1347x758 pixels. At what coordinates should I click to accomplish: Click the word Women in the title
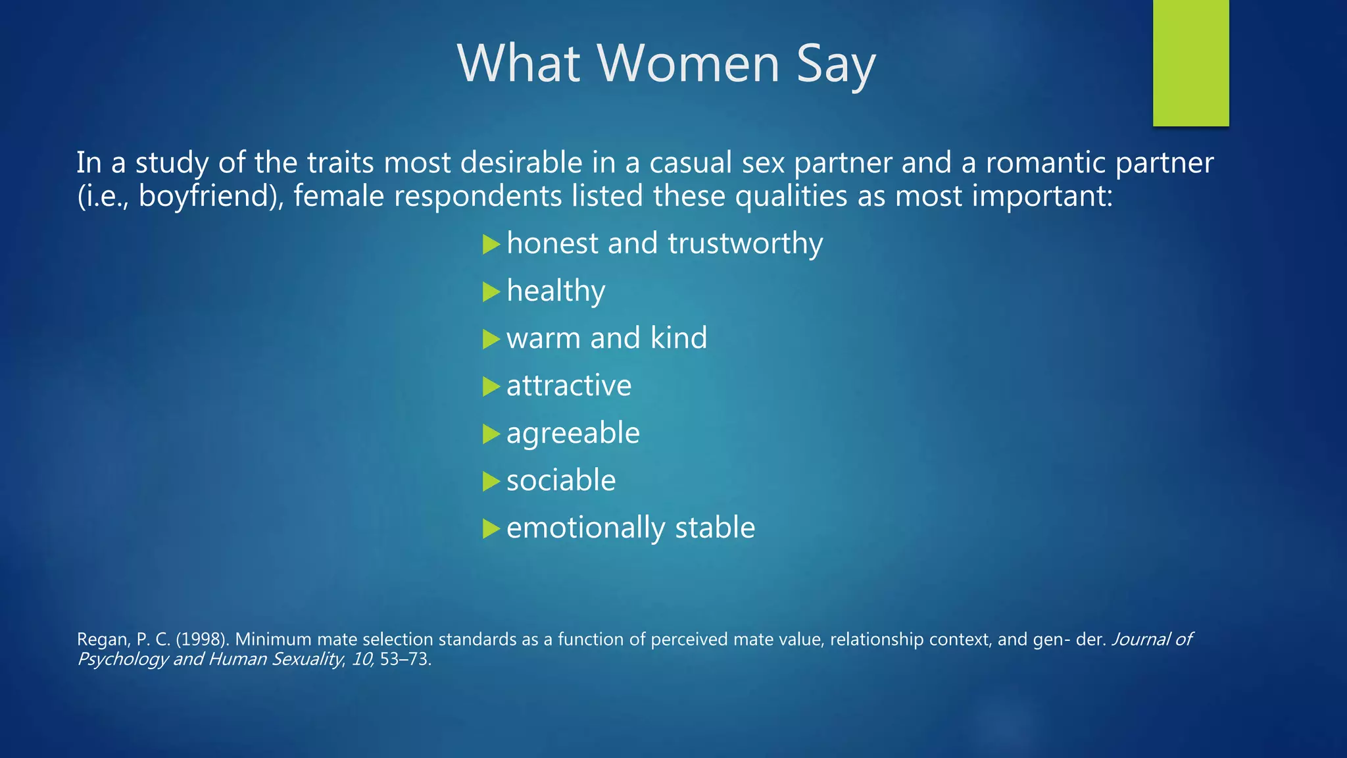click(689, 64)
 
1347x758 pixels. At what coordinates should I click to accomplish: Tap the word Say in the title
click(836, 64)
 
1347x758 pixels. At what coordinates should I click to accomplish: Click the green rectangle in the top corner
click(1190, 63)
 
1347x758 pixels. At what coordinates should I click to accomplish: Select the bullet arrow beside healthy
click(491, 291)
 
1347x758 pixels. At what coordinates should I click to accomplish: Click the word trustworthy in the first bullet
click(745, 243)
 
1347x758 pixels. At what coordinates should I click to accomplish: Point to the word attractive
click(569, 386)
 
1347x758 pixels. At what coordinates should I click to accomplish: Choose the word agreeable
click(573, 434)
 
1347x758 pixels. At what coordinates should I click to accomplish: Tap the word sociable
click(561, 480)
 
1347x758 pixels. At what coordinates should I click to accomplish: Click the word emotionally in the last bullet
click(585, 528)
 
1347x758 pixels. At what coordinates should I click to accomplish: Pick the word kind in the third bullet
click(679, 338)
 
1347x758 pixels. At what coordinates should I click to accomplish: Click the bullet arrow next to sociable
click(491, 482)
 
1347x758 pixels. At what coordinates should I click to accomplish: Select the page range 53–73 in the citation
click(404, 659)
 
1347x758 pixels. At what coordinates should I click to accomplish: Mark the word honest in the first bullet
click(552, 243)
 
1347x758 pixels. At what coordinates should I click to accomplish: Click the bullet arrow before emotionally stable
click(491, 529)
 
